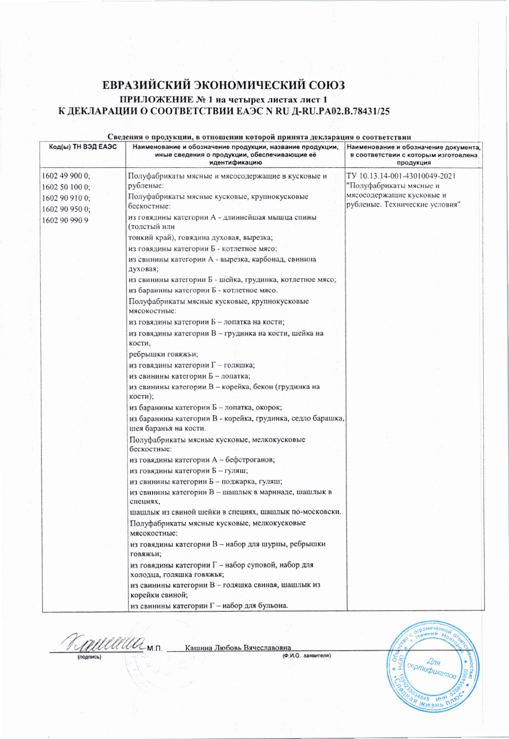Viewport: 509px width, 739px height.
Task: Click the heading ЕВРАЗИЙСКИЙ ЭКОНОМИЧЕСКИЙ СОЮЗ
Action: tap(223, 86)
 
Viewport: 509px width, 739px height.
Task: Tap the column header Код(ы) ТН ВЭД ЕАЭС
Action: tap(83, 147)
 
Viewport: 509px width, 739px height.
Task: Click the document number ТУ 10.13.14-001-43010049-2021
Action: tap(401, 176)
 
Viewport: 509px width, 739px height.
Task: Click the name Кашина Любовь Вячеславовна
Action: tap(238, 648)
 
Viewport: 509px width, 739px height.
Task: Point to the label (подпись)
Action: tap(89, 657)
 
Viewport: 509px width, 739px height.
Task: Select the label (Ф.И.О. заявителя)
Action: tap(306, 655)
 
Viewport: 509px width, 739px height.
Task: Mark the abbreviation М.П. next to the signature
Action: tap(155, 648)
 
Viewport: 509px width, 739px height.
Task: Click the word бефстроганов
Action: tap(250, 460)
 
